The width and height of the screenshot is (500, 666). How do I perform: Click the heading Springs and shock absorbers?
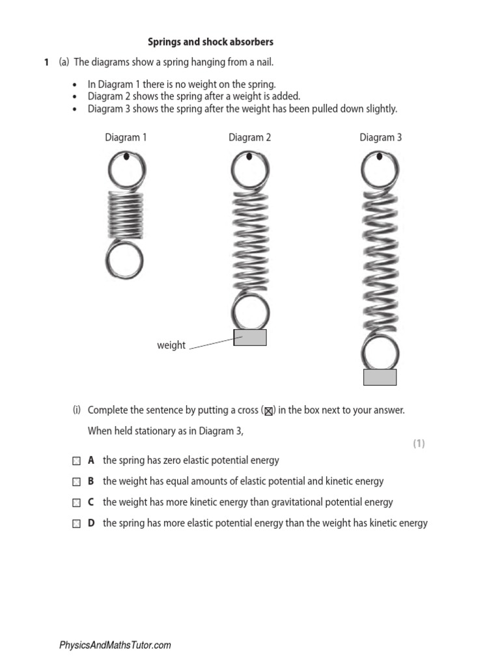pyautogui.click(x=211, y=42)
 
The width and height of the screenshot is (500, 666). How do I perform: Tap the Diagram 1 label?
pyautogui.click(x=126, y=137)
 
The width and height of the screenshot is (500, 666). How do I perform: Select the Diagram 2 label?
pyautogui.click(x=249, y=137)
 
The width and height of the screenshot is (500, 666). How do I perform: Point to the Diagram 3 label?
pyautogui.click(x=380, y=137)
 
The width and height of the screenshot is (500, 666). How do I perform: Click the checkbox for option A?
pyautogui.click(x=77, y=460)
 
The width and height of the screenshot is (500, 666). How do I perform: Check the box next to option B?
pyautogui.click(x=77, y=482)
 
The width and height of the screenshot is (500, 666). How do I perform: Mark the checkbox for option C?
pyautogui.click(x=77, y=503)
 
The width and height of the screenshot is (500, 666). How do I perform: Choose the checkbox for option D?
pyautogui.click(x=77, y=524)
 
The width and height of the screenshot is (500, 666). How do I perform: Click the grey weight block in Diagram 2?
pyautogui.click(x=250, y=337)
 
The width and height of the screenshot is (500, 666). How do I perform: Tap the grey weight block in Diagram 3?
pyautogui.click(x=380, y=377)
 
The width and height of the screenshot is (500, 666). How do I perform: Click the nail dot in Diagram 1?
pyautogui.click(x=126, y=157)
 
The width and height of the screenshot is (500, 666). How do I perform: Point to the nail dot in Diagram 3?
pyautogui.click(x=380, y=156)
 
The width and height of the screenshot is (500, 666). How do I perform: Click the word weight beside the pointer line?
pyautogui.click(x=171, y=345)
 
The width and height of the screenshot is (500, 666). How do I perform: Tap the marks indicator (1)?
pyautogui.click(x=419, y=444)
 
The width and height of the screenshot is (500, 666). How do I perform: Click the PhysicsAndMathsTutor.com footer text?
pyautogui.click(x=115, y=645)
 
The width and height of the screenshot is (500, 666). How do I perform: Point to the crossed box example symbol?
pyautogui.click(x=268, y=411)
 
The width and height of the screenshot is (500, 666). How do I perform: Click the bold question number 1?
pyautogui.click(x=46, y=62)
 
